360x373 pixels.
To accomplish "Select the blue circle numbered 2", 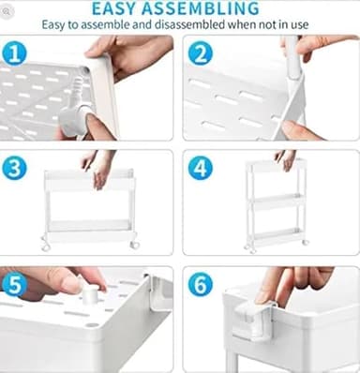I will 201,54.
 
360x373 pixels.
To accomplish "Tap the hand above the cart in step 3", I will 97,167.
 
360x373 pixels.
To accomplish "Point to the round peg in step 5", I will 90,296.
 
